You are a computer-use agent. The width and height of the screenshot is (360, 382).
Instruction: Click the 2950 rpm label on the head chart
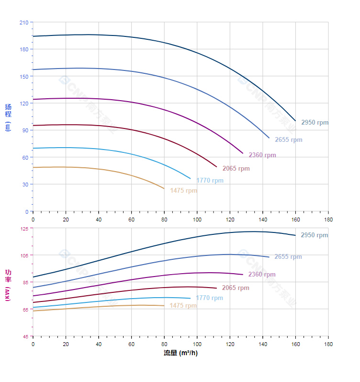click(315, 123)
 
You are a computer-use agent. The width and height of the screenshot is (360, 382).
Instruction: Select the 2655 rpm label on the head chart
click(289, 140)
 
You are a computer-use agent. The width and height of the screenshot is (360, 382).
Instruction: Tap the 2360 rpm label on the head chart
click(262, 155)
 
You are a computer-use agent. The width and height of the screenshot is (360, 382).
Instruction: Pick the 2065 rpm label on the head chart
click(236, 169)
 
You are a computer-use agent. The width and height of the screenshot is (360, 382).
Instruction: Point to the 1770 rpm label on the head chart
click(210, 181)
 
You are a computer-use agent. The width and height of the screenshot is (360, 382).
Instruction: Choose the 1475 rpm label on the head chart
click(183, 191)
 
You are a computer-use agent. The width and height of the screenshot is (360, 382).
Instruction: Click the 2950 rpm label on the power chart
click(315, 235)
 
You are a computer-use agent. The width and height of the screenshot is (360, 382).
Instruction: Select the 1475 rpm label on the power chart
click(183, 306)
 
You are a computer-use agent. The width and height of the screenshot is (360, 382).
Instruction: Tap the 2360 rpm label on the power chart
click(262, 275)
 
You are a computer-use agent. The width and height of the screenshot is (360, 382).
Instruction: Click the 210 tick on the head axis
click(23, 23)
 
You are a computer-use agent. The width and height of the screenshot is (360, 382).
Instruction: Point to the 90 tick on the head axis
click(25, 130)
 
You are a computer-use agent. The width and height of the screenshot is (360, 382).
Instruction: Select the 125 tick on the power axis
click(23, 229)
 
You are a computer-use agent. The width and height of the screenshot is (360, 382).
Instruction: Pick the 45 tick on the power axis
click(25, 336)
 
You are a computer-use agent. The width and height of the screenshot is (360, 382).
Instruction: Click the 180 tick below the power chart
click(328, 344)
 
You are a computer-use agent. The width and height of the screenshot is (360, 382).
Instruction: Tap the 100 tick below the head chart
click(197, 219)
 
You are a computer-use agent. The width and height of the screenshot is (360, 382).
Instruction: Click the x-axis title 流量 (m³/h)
click(180, 353)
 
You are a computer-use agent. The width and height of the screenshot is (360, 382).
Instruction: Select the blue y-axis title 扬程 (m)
click(8, 117)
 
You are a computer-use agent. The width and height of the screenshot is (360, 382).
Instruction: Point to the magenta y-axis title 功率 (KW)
click(8, 285)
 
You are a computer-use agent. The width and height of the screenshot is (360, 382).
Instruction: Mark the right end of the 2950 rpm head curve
click(295, 120)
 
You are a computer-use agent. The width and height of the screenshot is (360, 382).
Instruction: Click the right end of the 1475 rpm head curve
click(164, 189)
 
